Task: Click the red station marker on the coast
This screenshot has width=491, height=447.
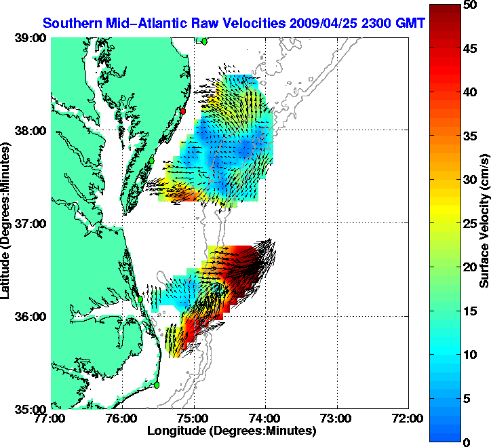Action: coord(182,111)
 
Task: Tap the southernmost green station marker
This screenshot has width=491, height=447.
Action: coord(156,385)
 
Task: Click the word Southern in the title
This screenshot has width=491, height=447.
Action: coord(68,23)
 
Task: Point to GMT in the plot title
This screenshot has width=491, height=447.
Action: coord(410,23)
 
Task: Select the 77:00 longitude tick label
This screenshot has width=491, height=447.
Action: coord(52,419)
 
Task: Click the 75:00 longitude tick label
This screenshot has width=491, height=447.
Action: coord(194,419)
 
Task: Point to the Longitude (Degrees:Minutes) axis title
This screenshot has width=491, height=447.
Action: coord(231,431)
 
